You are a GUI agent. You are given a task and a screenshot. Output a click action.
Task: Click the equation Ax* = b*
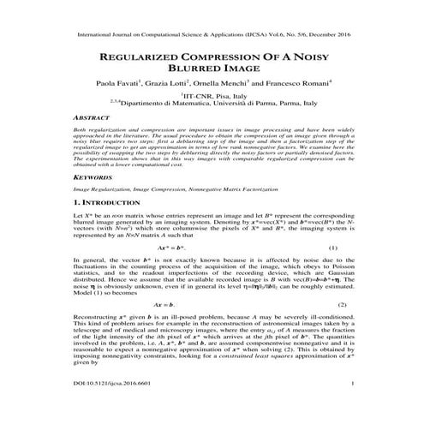pyautogui.click(x=206, y=272)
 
